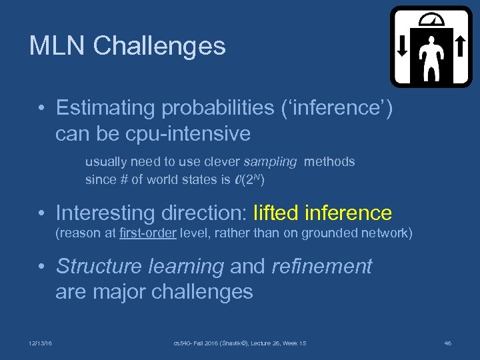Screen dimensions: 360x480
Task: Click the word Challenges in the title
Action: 159,46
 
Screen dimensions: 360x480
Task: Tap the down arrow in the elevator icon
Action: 403,45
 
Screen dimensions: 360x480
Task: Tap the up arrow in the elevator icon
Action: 459,45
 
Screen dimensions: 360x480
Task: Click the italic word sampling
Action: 271,161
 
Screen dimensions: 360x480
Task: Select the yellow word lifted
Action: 276,213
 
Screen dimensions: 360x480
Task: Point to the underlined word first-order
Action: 146,233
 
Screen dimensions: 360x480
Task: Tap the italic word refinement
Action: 321,266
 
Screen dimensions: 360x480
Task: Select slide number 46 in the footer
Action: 448,343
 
